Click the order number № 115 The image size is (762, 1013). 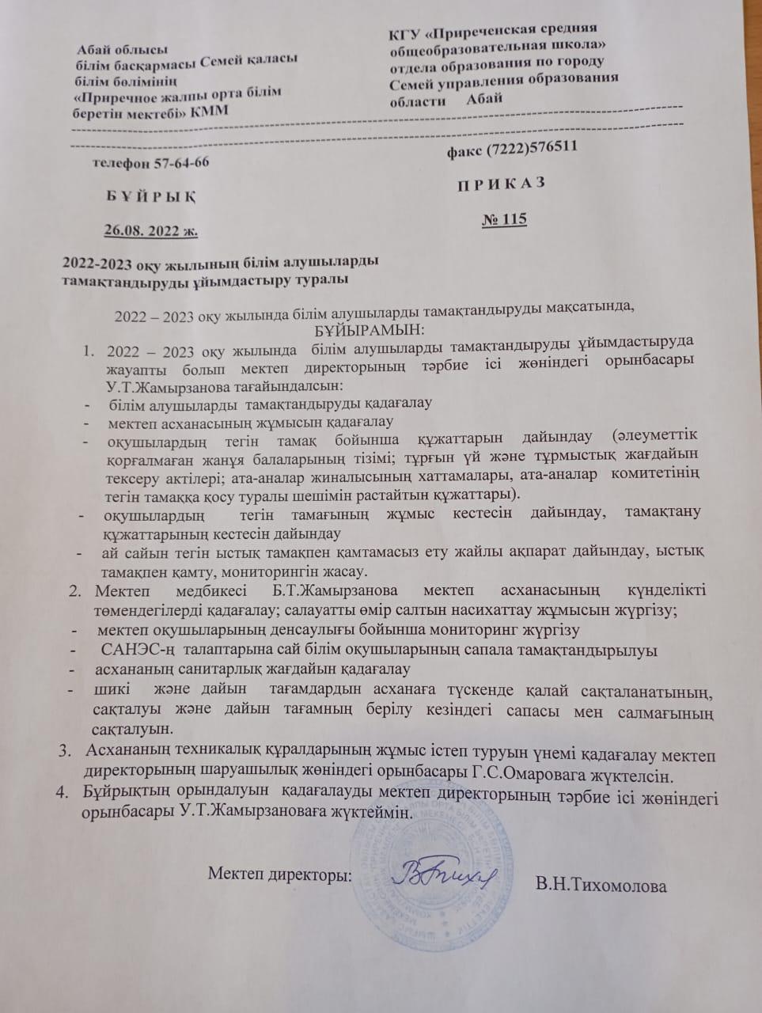(x=504, y=219)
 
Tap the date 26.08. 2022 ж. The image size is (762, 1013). (x=151, y=230)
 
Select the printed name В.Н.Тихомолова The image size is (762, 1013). (x=601, y=885)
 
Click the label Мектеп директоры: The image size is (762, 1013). (x=279, y=874)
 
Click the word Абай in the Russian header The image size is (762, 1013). (x=484, y=98)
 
